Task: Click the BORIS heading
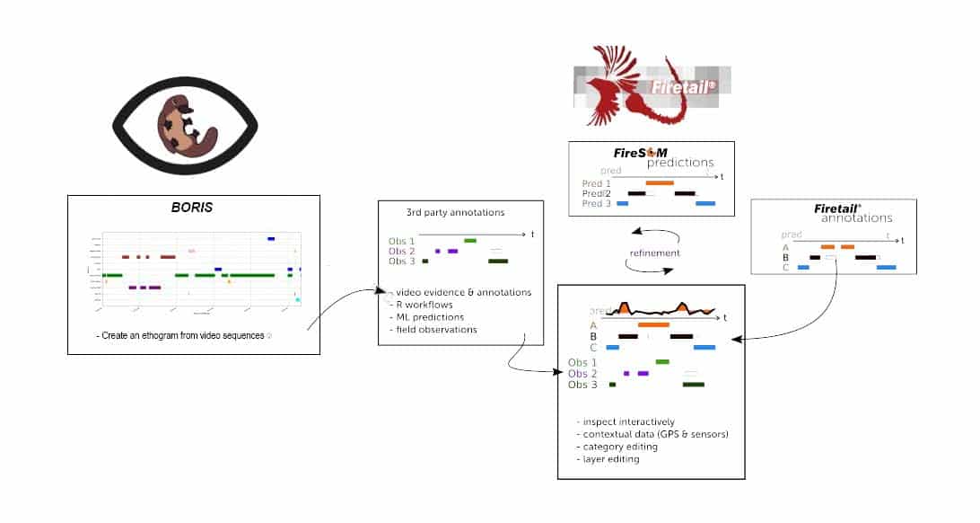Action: coord(193,207)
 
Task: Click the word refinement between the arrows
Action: coord(653,253)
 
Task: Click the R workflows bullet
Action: coord(426,305)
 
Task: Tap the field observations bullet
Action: coord(436,330)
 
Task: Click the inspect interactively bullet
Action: coord(628,421)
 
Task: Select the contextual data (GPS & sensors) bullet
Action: coord(655,434)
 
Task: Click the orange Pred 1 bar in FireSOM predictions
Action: coord(659,182)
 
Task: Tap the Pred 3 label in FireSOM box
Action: coord(596,204)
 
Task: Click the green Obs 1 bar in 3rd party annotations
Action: coord(469,241)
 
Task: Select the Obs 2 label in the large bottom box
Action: coord(582,373)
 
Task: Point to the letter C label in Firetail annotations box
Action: coord(785,268)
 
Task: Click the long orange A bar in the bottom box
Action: coord(653,324)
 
